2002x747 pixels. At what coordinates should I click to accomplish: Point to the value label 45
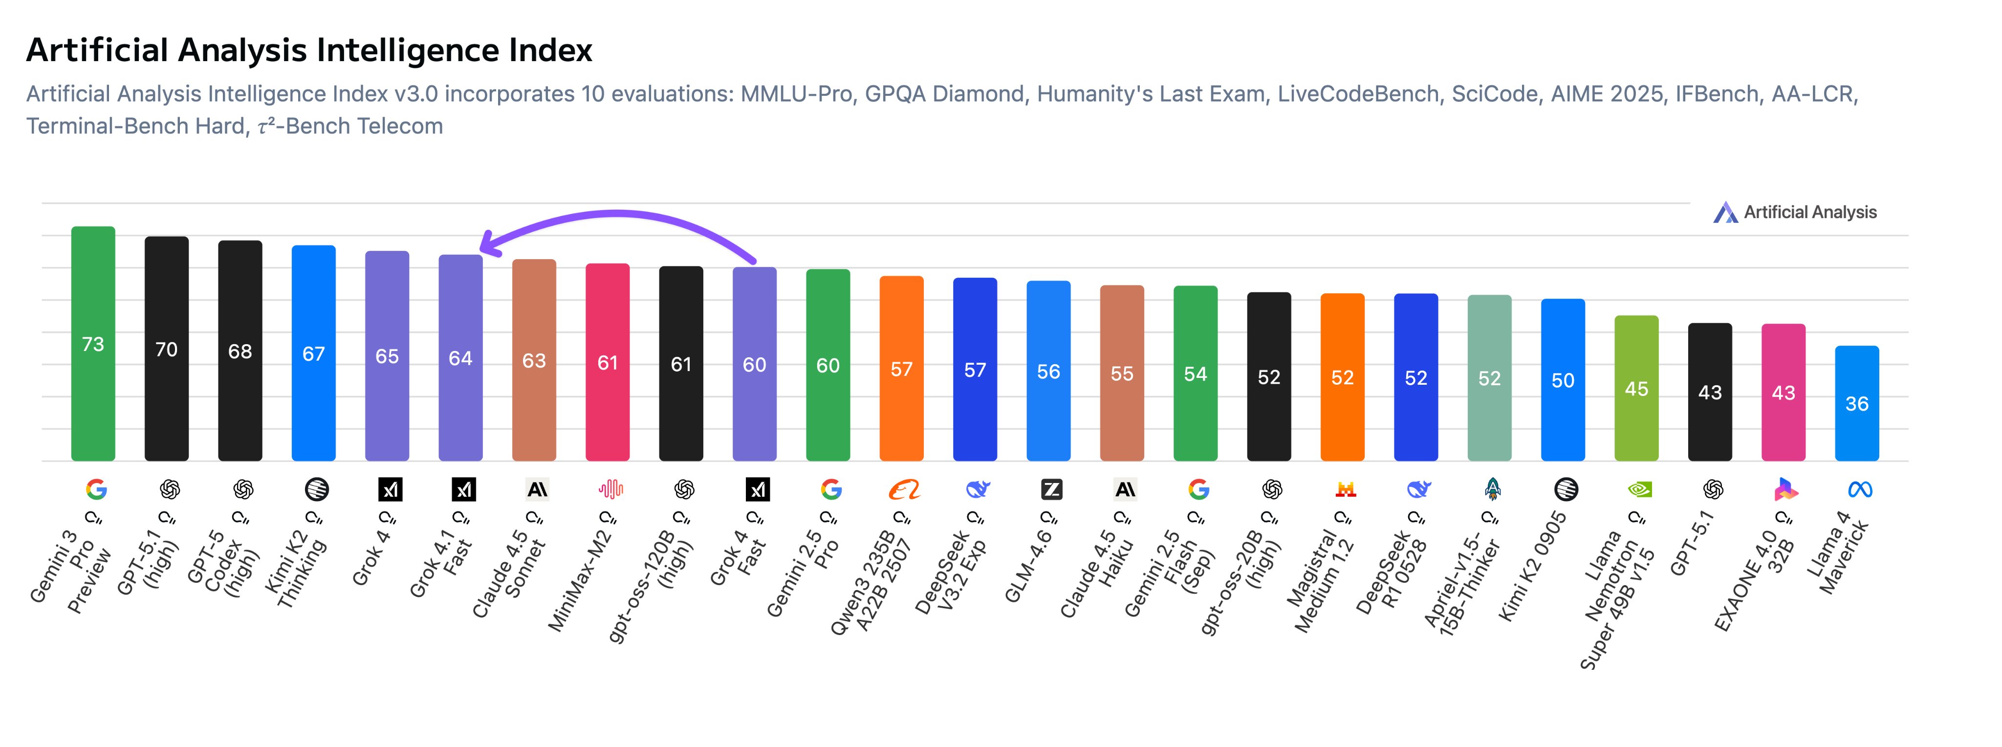(1636, 389)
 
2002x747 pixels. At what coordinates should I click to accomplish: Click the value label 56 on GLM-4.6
(1048, 372)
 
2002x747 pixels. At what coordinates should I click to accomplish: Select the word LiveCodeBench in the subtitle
(1358, 94)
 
